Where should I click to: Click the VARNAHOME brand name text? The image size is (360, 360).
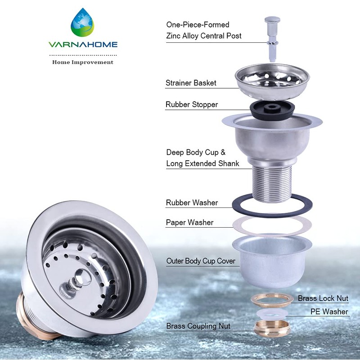(x=83, y=45)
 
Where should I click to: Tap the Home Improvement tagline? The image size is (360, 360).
(x=83, y=62)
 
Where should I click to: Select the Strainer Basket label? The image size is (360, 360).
(x=191, y=83)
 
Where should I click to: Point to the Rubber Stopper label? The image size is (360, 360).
(x=192, y=104)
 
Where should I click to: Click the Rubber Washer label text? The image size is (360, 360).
(x=192, y=202)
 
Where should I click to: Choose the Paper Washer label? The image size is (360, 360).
(x=189, y=222)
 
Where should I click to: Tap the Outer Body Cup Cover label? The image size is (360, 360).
(x=201, y=261)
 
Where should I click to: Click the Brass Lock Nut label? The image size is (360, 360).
(x=323, y=298)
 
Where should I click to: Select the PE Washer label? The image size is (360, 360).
(x=329, y=311)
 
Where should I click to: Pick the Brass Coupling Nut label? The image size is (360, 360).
(x=198, y=326)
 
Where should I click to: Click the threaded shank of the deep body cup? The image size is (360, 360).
(x=271, y=182)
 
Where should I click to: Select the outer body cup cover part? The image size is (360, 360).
(x=272, y=261)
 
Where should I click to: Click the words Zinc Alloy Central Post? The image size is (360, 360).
(x=204, y=36)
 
